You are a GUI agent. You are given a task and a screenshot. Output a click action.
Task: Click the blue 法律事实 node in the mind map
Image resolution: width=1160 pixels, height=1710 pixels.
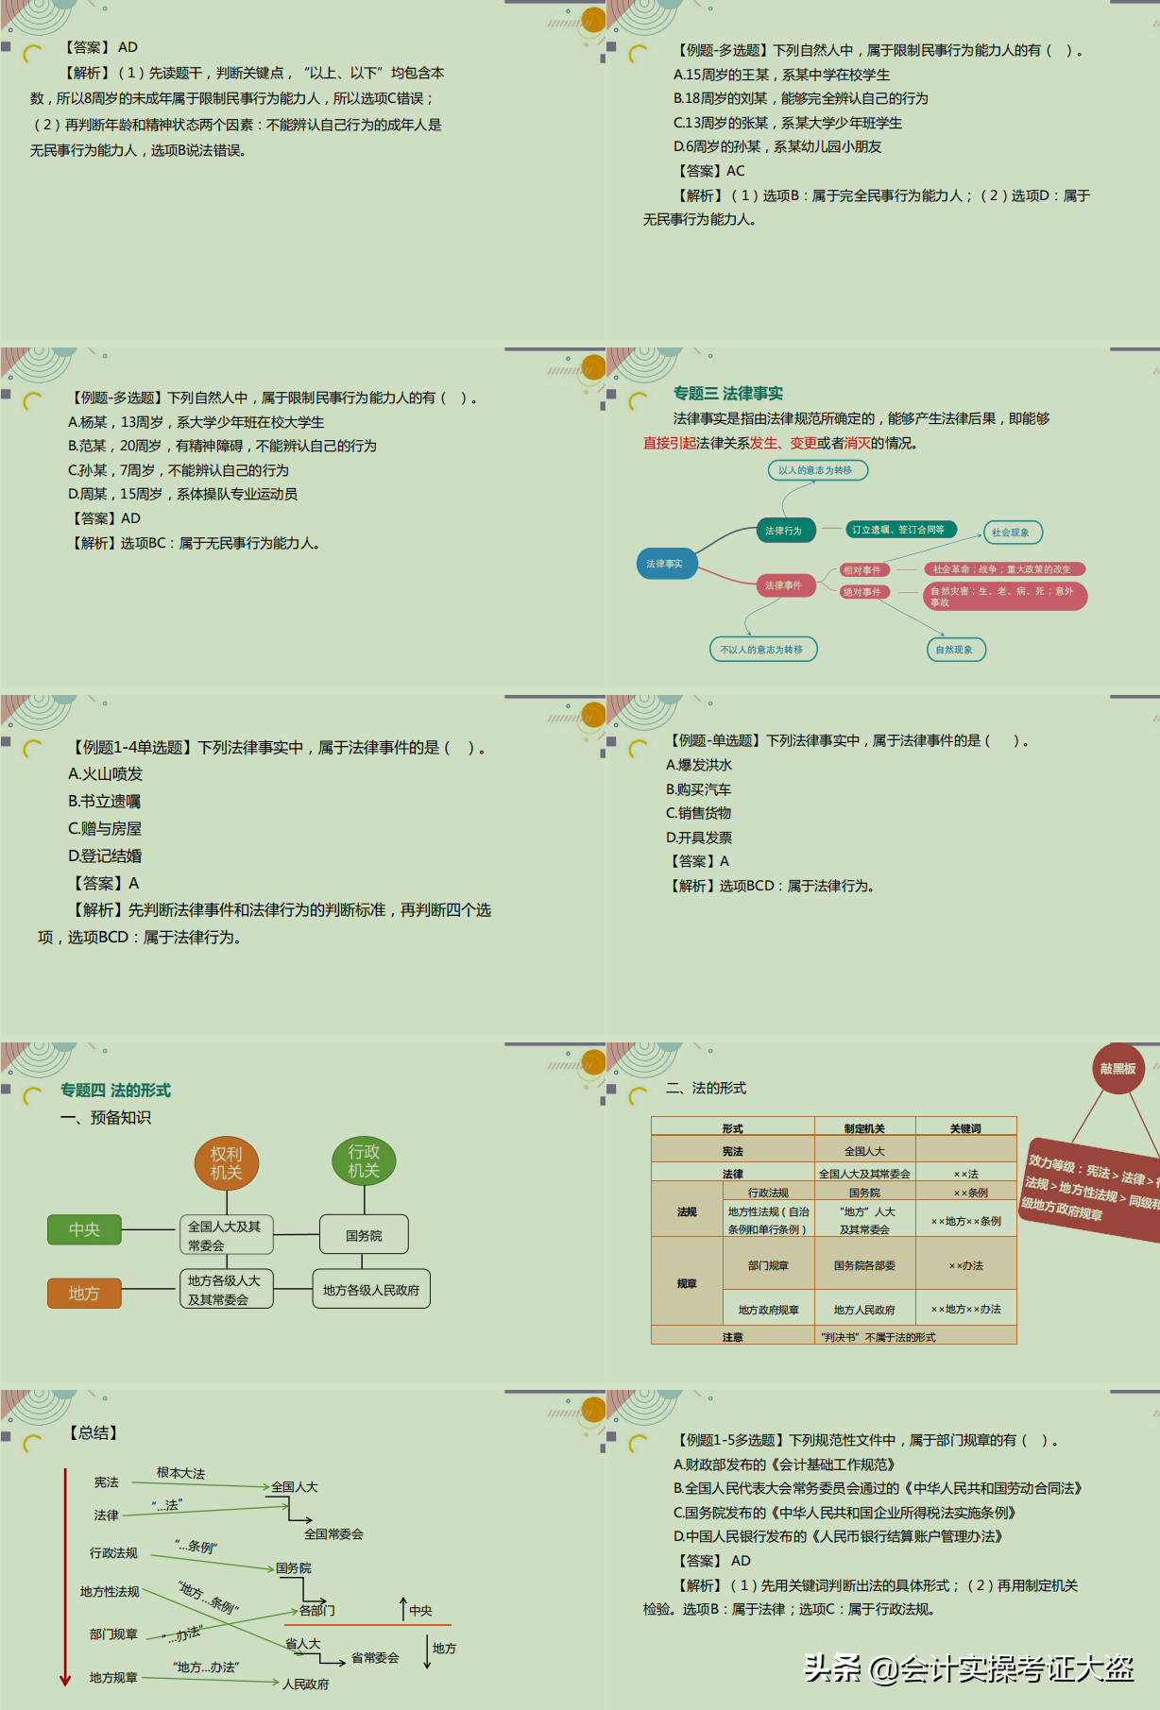pyautogui.click(x=665, y=564)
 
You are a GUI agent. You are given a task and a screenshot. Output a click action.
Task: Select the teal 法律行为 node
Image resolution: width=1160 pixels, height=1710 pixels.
pyautogui.click(x=784, y=531)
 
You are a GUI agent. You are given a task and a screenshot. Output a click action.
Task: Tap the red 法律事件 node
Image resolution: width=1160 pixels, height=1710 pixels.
pyautogui.click(x=784, y=585)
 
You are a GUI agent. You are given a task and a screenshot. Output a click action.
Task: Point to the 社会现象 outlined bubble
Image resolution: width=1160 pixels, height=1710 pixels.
pyautogui.click(x=1012, y=533)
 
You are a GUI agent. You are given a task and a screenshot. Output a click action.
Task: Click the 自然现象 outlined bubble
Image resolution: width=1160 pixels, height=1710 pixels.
pyautogui.click(x=955, y=650)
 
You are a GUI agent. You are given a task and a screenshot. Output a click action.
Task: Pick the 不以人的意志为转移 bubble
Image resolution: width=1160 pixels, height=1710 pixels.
pyautogui.click(x=762, y=650)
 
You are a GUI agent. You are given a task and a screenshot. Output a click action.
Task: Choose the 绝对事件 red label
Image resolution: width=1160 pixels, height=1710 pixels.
pyautogui.click(x=863, y=592)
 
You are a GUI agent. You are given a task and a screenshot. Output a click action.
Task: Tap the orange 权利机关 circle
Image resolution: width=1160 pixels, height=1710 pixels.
pyautogui.click(x=227, y=1163)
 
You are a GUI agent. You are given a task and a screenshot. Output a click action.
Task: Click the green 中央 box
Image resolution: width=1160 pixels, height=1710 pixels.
pyautogui.click(x=84, y=1229)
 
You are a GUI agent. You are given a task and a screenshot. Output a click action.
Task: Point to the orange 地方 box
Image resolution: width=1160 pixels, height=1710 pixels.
pyautogui.click(x=84, y=1294)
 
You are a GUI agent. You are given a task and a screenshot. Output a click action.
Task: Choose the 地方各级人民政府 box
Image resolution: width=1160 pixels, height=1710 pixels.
pyautogui.click(x=371, y=1290)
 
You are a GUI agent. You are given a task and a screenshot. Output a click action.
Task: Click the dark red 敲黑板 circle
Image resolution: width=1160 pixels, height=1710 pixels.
pyautogui.click(x=1117, y=1069)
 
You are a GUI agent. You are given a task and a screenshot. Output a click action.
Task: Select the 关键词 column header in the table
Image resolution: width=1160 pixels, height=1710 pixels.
pyautogui.click(x=965, y=1128)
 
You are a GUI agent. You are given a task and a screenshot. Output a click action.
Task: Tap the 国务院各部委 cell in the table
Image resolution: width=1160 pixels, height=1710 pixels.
pyautogui.click(x=864, y=1265)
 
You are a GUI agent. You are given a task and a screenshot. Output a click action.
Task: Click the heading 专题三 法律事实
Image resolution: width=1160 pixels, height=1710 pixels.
pyautogui.click(x=728, y=394)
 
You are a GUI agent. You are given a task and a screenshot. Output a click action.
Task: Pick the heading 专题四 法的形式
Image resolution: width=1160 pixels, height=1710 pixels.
pyautogui.click(x=115, y=1091)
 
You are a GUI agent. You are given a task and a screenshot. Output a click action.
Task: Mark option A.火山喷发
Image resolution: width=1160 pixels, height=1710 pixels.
pyautogui.click(x=105, y=774)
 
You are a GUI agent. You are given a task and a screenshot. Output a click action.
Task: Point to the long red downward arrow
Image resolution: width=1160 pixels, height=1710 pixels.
pyautogui.click(x=65, y=1577)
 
